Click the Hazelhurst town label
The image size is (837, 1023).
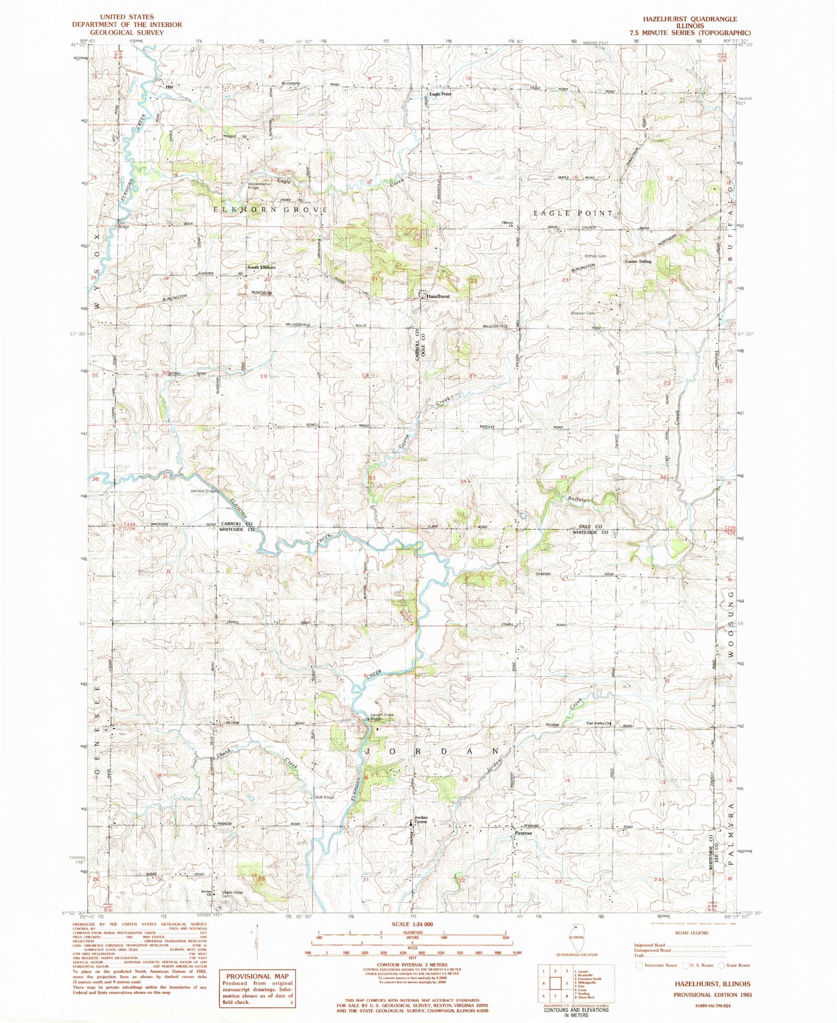click(x=438, y=296)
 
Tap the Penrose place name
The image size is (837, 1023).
click(x=523, y=833)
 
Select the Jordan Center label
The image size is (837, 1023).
click(x=421, y=820)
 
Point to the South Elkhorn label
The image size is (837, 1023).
click(x=261, y=267)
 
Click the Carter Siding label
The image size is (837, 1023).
click(x=638, y=261)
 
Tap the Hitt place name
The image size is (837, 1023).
click(x=169, y=87)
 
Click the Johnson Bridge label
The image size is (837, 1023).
click(x=203, y=491)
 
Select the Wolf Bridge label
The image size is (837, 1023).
click(x=324, y=797)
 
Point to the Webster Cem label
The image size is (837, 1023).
click(x=582, y=313)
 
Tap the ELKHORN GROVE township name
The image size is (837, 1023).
click(x=270, y=210)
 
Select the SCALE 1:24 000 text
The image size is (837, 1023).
click(x=412, y=924)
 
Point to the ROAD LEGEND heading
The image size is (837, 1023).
click(x=692, y=933)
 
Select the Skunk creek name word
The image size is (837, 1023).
click(x=224, y=756)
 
